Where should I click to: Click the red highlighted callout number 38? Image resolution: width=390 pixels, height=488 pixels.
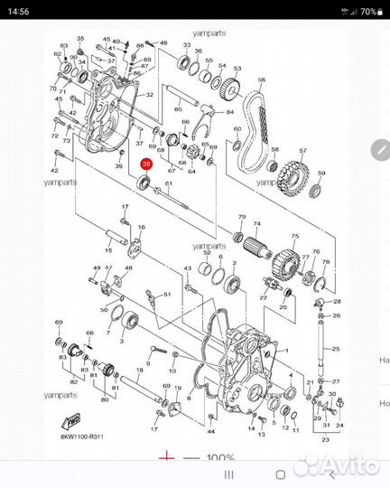(146, 164)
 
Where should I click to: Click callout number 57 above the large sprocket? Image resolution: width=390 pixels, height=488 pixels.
(303, 151)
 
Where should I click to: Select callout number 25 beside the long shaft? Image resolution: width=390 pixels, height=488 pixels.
(336, 348)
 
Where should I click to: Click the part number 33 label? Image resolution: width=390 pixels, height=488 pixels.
(185, 44)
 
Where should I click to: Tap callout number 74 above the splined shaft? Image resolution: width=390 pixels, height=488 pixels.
(256, 223)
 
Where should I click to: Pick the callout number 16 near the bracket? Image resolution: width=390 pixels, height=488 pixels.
(140, 227)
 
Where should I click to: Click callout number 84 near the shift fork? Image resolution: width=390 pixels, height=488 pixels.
(230, 111)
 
